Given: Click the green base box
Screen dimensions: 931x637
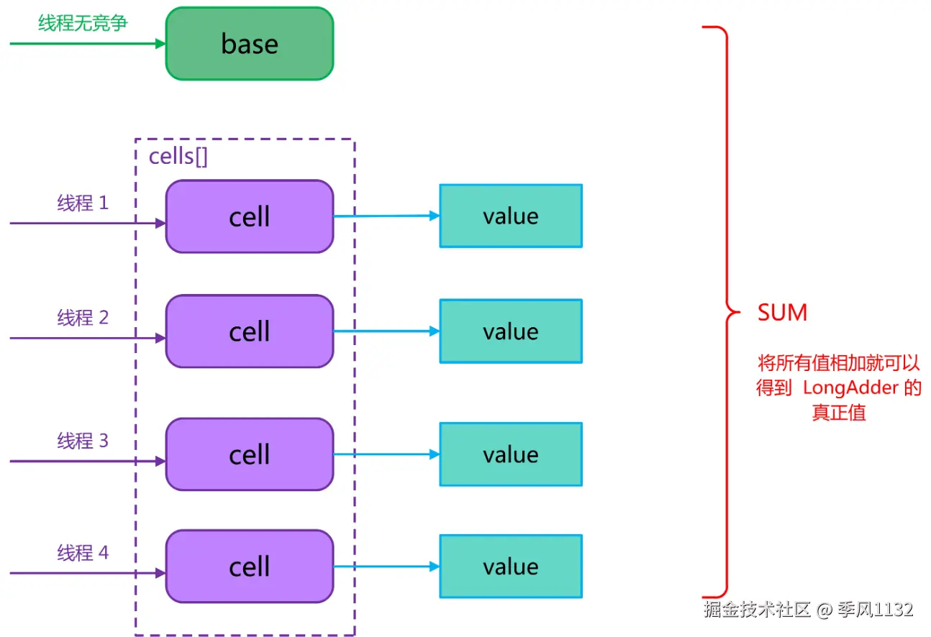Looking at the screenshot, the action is tap(250, 44).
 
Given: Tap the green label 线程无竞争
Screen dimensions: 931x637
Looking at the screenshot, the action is tap(83, 23).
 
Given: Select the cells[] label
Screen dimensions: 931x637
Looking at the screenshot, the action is tap(178, 157).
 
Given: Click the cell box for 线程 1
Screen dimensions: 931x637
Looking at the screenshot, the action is tap(250, 216).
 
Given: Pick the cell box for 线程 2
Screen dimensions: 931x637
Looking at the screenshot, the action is tap(250, 331).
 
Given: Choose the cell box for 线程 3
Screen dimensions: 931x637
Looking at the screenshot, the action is tap(250, 454).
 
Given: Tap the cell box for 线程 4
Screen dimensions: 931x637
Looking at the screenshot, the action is tap(250, 567).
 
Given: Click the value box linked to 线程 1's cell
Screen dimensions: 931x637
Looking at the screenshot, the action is tap(511, 216).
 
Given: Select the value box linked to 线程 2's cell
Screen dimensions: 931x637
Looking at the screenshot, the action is tap(511, 331).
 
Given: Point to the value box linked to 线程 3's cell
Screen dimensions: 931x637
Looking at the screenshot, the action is tap(511, 454).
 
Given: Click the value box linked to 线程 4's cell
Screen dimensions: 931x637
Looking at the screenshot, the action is tap(511, 567).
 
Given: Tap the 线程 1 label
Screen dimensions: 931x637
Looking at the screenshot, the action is tap(83, 203).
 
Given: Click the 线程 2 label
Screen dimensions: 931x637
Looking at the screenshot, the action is tap(83, 318).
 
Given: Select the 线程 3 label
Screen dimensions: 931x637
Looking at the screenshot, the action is tap(83, 441).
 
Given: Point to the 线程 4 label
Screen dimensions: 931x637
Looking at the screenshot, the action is tap(83, 553).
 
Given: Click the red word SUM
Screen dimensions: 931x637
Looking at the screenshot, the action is tap(782, 312).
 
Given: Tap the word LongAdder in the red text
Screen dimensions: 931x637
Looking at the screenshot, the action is tap(850, 388).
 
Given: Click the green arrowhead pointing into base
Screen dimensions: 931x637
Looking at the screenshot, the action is tap(160, 44).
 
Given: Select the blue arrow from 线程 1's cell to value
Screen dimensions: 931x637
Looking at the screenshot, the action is tap(386, 216).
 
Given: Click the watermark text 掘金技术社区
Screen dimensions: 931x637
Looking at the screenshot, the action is tap(757, 610).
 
